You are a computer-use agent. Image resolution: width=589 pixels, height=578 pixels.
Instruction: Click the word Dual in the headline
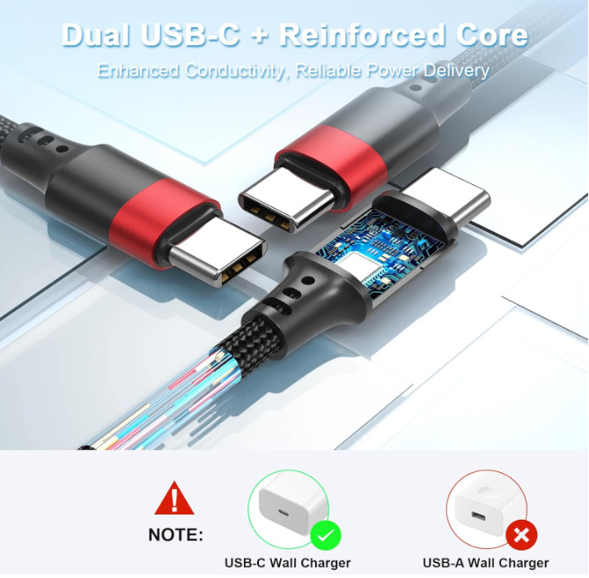96,34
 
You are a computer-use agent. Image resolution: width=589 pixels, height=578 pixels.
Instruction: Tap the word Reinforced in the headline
362,34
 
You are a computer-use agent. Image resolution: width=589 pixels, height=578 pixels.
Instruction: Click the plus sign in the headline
260,35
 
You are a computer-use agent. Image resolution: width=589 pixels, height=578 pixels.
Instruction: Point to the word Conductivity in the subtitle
235,70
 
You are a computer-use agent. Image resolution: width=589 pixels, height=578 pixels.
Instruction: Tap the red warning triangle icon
174,498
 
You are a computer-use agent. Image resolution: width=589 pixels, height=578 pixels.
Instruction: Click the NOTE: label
175,535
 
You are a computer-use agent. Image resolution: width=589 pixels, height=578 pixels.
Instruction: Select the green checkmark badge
325,536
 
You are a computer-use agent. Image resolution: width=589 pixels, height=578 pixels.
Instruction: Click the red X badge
521,535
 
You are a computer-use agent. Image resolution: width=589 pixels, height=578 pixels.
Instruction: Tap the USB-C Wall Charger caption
287,563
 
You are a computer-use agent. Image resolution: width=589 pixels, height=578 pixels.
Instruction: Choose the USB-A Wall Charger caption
485,563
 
